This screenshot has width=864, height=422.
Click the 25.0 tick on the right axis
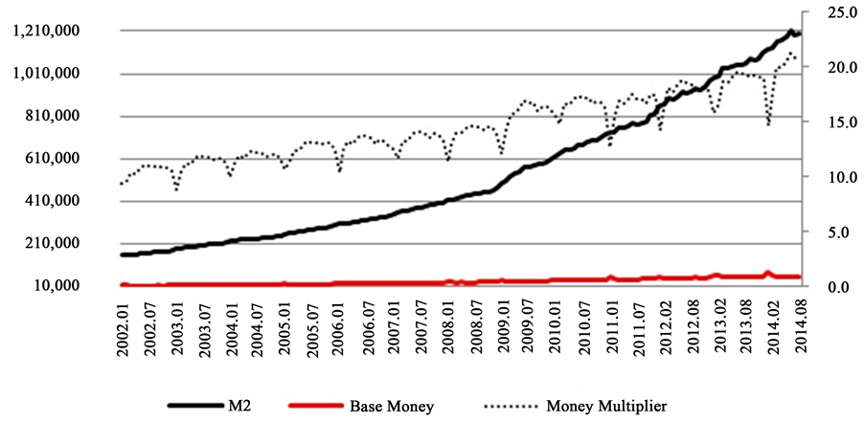coord(827,11)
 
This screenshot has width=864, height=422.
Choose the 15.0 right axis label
coord(827,122)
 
